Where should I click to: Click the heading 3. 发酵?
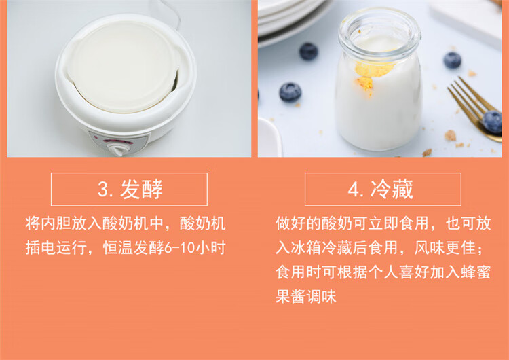[130, 189]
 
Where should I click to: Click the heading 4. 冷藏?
[381, 189]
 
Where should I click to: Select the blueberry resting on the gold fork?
[493, 122]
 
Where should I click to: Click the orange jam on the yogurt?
[373, 73]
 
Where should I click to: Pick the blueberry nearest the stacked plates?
[308, 52]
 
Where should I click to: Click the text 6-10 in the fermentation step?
[179, 249]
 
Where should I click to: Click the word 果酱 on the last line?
[291, 296]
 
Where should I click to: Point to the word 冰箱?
[306, 248]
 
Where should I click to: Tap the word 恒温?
[118, 248]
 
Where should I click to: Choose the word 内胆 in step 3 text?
[56, 223]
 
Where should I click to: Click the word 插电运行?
[56, 248]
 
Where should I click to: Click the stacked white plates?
[292, 20]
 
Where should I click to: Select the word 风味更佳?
[445, 248]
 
